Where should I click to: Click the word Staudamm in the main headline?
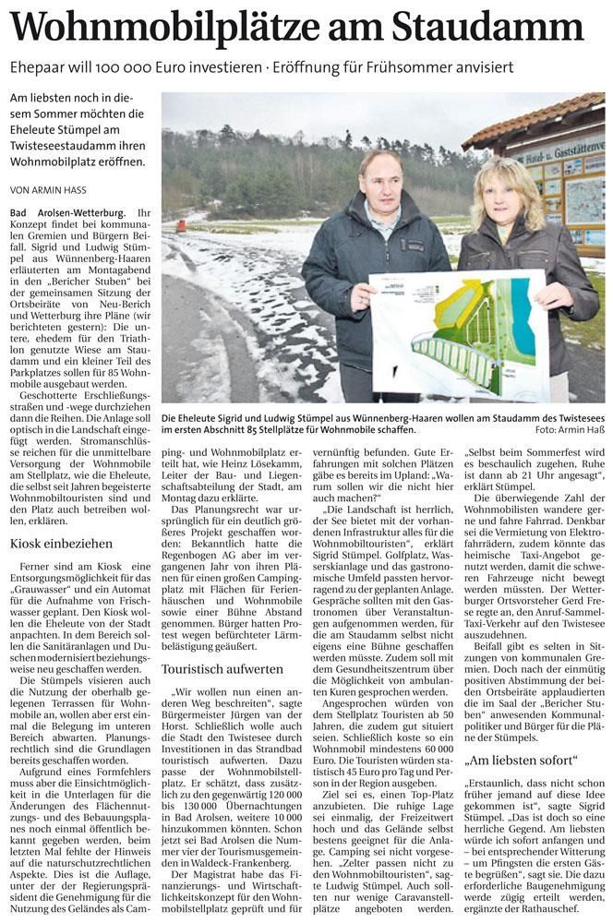[x=498, y=27]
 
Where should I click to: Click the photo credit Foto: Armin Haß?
[x=568, y=430]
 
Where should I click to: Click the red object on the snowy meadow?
[x=181, y=222]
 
